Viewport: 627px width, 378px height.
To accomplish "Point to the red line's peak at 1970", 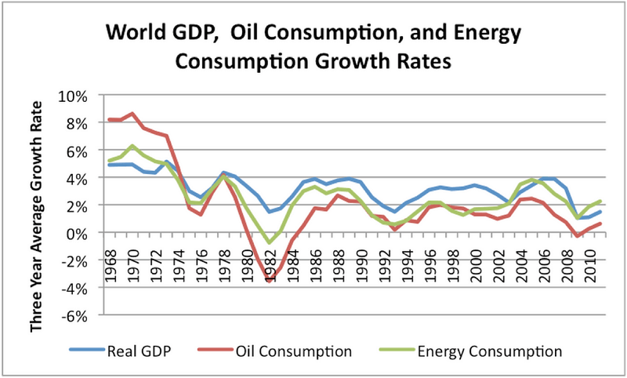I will pos(133,114).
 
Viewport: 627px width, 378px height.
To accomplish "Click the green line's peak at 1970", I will pos(133,146).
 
